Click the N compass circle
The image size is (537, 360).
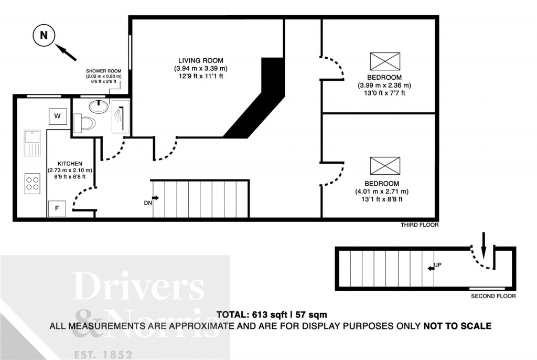(x=44, y=36)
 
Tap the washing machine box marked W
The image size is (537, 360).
(x=57, y=115)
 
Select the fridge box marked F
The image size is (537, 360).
(x=56, y=208)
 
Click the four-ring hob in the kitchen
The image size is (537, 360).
(x=33, y=184)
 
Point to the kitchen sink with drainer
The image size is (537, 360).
(x=32, y=143)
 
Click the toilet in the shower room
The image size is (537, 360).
(x=85, y=124)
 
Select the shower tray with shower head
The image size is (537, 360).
(x=120, y=117)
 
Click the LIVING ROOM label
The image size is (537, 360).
(x=201, y=61)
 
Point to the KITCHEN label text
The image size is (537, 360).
(x=70, y=163)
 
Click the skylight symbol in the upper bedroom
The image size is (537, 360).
(x=385, y=61)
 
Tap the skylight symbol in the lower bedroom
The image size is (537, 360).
(x=385, y=166)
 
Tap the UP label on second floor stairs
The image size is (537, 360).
(x=438, y=266)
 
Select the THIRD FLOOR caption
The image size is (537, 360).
(x=419, y=225)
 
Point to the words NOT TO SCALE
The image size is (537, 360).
(x=457, y=326)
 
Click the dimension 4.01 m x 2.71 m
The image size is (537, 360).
(x=381, y=191)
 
